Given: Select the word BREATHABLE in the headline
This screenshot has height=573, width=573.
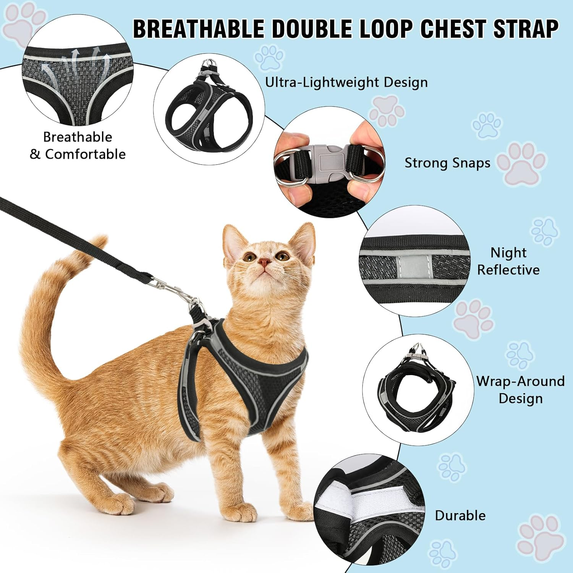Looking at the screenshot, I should pos(198,29).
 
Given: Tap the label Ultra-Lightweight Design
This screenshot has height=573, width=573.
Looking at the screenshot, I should pos(346,82).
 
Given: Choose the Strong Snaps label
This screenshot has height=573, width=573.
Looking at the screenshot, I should pos(447,163).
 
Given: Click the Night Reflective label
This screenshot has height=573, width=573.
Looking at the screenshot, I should pos(508,261).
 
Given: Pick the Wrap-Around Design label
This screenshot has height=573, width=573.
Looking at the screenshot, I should pos(520,390).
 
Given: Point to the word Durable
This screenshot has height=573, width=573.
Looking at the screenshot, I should pos(460,515).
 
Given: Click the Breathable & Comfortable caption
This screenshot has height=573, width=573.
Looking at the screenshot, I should pos(78,146).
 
